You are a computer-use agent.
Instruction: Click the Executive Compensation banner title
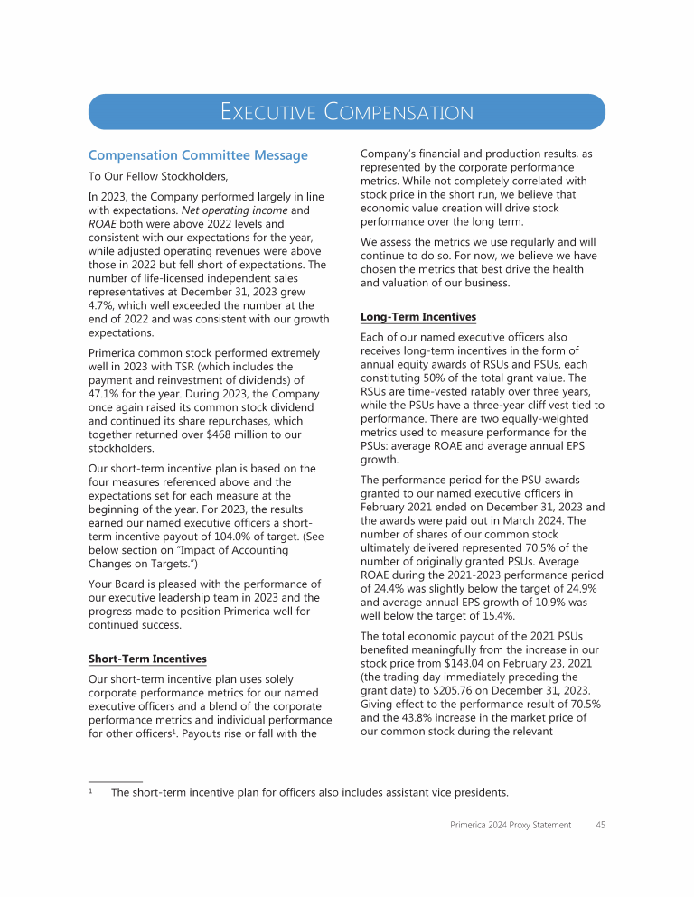coord(347,112)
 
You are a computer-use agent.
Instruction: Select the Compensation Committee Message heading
coord(198,155)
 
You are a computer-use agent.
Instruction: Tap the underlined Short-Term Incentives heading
coord(147,659)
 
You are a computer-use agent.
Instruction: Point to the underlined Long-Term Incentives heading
coord(417,317)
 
